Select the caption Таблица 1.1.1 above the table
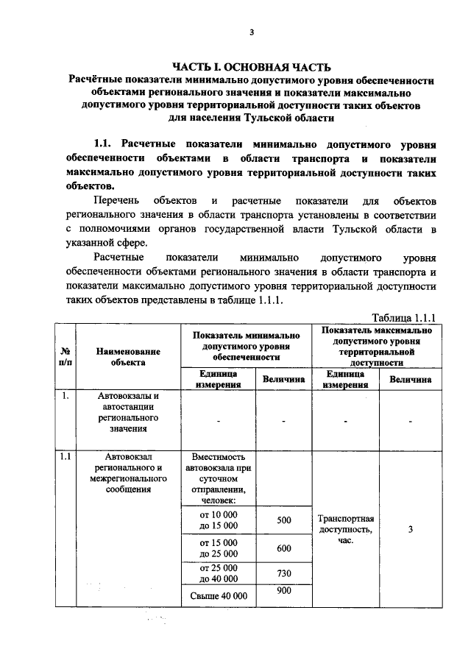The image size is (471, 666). point(404,317)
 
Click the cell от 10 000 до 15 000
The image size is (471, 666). point(219,520)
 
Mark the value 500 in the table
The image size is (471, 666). point(284,520)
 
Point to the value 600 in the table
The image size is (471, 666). point(284,548)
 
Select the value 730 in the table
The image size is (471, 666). point(284,573)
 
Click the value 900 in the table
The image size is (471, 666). point(284,591)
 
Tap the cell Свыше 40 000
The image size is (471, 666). point(219,595)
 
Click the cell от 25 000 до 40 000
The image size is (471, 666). point(219,573)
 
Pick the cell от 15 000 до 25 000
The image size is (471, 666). point(219,548)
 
